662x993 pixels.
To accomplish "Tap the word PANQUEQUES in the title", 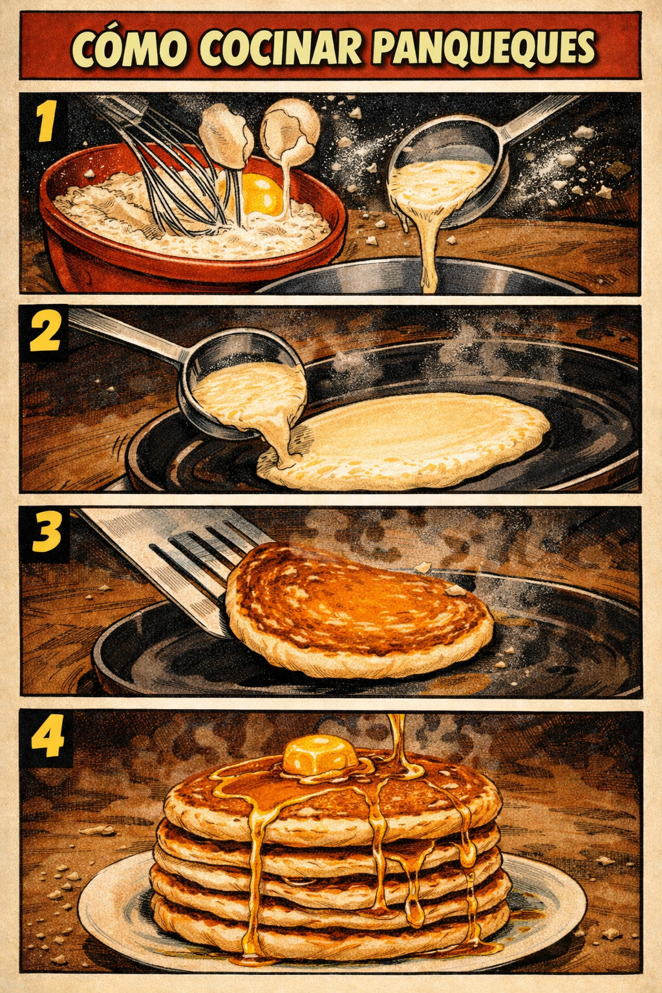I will (x=484, y=48).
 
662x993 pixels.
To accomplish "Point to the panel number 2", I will (x=45, y=333).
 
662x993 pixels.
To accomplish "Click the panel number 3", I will (x=45, y=533).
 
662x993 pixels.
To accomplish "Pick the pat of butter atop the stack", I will (x=319, y=754).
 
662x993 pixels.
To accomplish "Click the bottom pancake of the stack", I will (x=330, y=921).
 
